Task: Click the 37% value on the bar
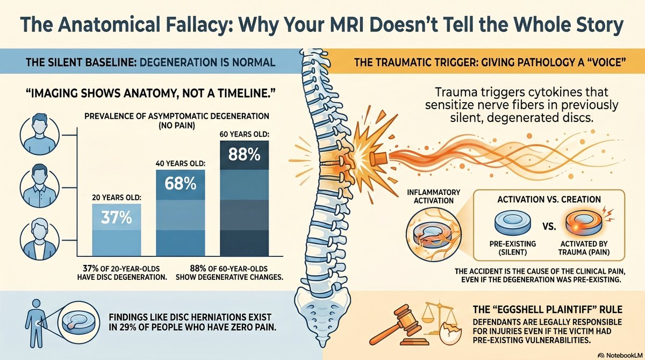tap(116, 218)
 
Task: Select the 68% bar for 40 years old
tap(181, 213)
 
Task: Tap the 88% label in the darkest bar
tap(244, 154)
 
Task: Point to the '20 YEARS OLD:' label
tap(117, 198)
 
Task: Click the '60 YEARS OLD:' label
tap(245, 134)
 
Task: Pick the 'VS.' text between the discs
tap(549, 226)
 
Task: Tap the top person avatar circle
tap(40, 135)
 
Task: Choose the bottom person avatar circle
tap(40, 241)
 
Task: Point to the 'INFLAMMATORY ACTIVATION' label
tap(434, 196)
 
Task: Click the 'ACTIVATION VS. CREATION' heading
tap(549, 199)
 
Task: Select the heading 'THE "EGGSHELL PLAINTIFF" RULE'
tap(547, 309)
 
